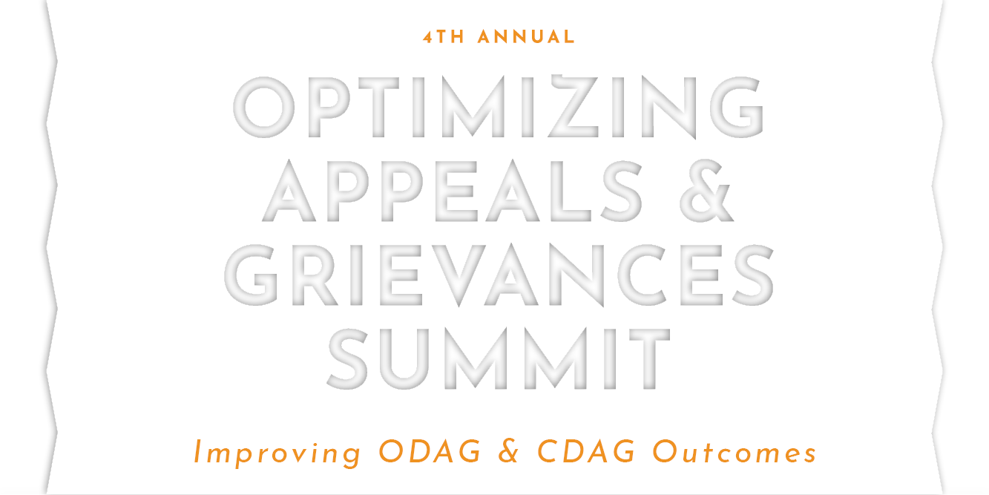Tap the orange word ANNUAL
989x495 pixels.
[526, 37]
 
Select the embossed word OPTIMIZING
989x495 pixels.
[499, 106]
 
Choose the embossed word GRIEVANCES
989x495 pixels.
[499, 275]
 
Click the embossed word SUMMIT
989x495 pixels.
[499, 358]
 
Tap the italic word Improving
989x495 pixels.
[277, 453]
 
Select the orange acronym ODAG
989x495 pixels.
[430, 451]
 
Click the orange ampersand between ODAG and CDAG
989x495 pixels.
[509, 451]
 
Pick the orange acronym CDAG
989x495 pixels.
[586, 451]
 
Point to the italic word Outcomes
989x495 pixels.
[735, 451]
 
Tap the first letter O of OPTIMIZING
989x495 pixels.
[264, 107]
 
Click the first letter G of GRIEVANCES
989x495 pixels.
[252, 275]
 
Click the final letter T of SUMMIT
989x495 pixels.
[649, 358]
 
